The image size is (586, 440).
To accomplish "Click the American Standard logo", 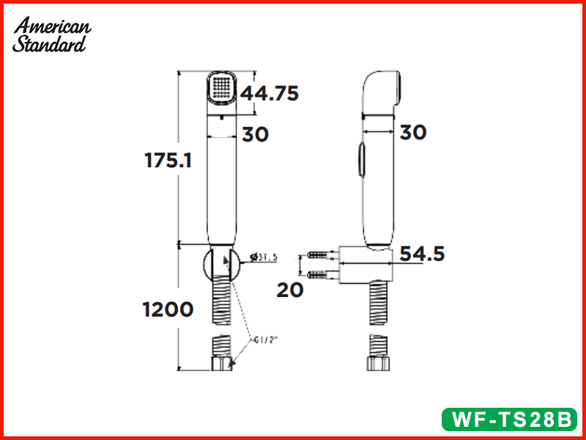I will coord(52,34).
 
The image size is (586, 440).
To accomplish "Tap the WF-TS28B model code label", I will coord(511,419).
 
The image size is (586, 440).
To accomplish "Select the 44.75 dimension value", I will coord(270,94).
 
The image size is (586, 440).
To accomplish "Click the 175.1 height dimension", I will coord(168,161).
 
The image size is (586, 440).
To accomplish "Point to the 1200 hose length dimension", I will coord(168,309).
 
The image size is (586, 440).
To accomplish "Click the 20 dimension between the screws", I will coord(290,290).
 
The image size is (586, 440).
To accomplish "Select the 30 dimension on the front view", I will coord(256,134).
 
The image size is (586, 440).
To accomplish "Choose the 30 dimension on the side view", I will coord(413,132).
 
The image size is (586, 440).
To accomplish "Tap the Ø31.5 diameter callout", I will coord(264,257).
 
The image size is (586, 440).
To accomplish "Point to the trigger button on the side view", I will coord(360,160).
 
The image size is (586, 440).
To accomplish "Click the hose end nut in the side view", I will coord(377,362).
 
